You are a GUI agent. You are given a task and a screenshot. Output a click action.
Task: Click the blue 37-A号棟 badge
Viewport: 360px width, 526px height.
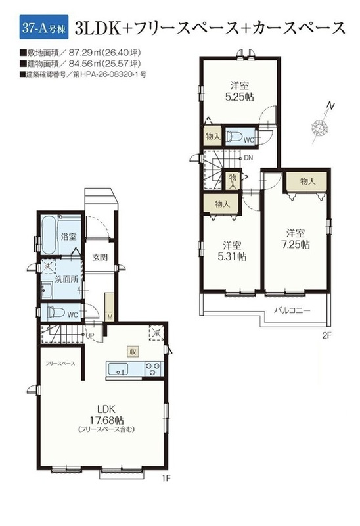44,27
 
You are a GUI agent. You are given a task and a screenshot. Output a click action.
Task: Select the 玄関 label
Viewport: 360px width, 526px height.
101,257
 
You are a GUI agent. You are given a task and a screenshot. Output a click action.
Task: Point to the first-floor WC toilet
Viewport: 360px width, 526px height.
56,312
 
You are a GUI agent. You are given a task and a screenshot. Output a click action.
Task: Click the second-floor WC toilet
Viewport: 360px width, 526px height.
234,137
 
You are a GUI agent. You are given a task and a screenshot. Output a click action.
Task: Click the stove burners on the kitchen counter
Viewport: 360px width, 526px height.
154,369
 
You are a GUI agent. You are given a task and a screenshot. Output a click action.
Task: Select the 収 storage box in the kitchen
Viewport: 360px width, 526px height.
133,351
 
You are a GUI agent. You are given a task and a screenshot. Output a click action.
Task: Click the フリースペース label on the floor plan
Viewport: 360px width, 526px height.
60,364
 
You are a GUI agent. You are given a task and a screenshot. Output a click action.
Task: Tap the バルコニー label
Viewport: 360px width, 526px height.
292,310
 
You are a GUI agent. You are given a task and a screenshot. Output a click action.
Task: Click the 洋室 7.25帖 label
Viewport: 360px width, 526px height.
296,239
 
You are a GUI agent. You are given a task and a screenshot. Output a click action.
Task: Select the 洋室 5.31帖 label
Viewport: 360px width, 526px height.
232,251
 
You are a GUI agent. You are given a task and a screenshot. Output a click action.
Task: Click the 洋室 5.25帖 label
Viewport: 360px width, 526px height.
239,91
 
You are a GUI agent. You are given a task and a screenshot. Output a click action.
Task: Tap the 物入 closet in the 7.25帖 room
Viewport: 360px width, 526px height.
307,181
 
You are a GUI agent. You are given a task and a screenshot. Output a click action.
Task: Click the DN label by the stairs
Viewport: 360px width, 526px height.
248,157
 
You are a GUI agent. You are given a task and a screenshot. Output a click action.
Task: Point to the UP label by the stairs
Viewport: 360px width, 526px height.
89,335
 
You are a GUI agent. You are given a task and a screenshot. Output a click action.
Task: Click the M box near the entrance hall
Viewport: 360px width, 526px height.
110,317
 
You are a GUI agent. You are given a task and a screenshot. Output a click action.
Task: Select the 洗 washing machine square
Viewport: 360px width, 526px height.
47,267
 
